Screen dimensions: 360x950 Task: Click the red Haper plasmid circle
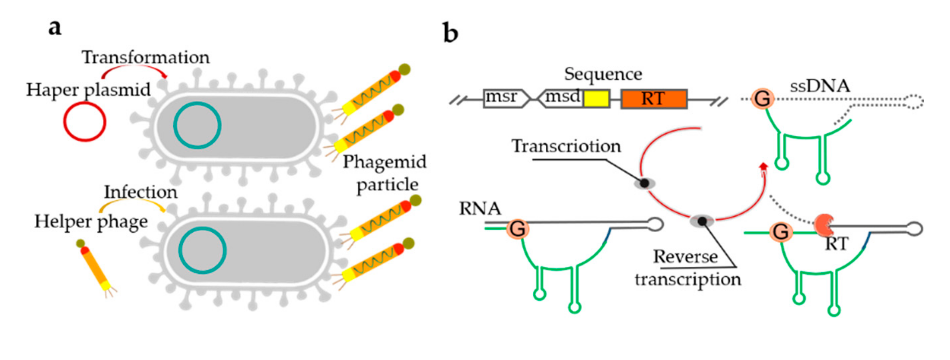click(84, 122)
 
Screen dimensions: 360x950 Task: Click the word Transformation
click(146, 58)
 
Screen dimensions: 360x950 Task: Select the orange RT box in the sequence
click(654, 98)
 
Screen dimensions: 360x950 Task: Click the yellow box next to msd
click(596, 98)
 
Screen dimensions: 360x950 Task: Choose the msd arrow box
click(560, 98)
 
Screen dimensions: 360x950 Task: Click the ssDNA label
click(819, 86)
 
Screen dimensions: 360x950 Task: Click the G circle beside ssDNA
click(762, 99)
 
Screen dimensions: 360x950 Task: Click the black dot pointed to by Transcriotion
click(644, 183)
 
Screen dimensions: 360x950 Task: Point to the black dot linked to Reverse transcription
click(702, 221)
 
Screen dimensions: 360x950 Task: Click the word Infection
click(141, 192)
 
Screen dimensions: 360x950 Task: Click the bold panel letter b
click(450, 33)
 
